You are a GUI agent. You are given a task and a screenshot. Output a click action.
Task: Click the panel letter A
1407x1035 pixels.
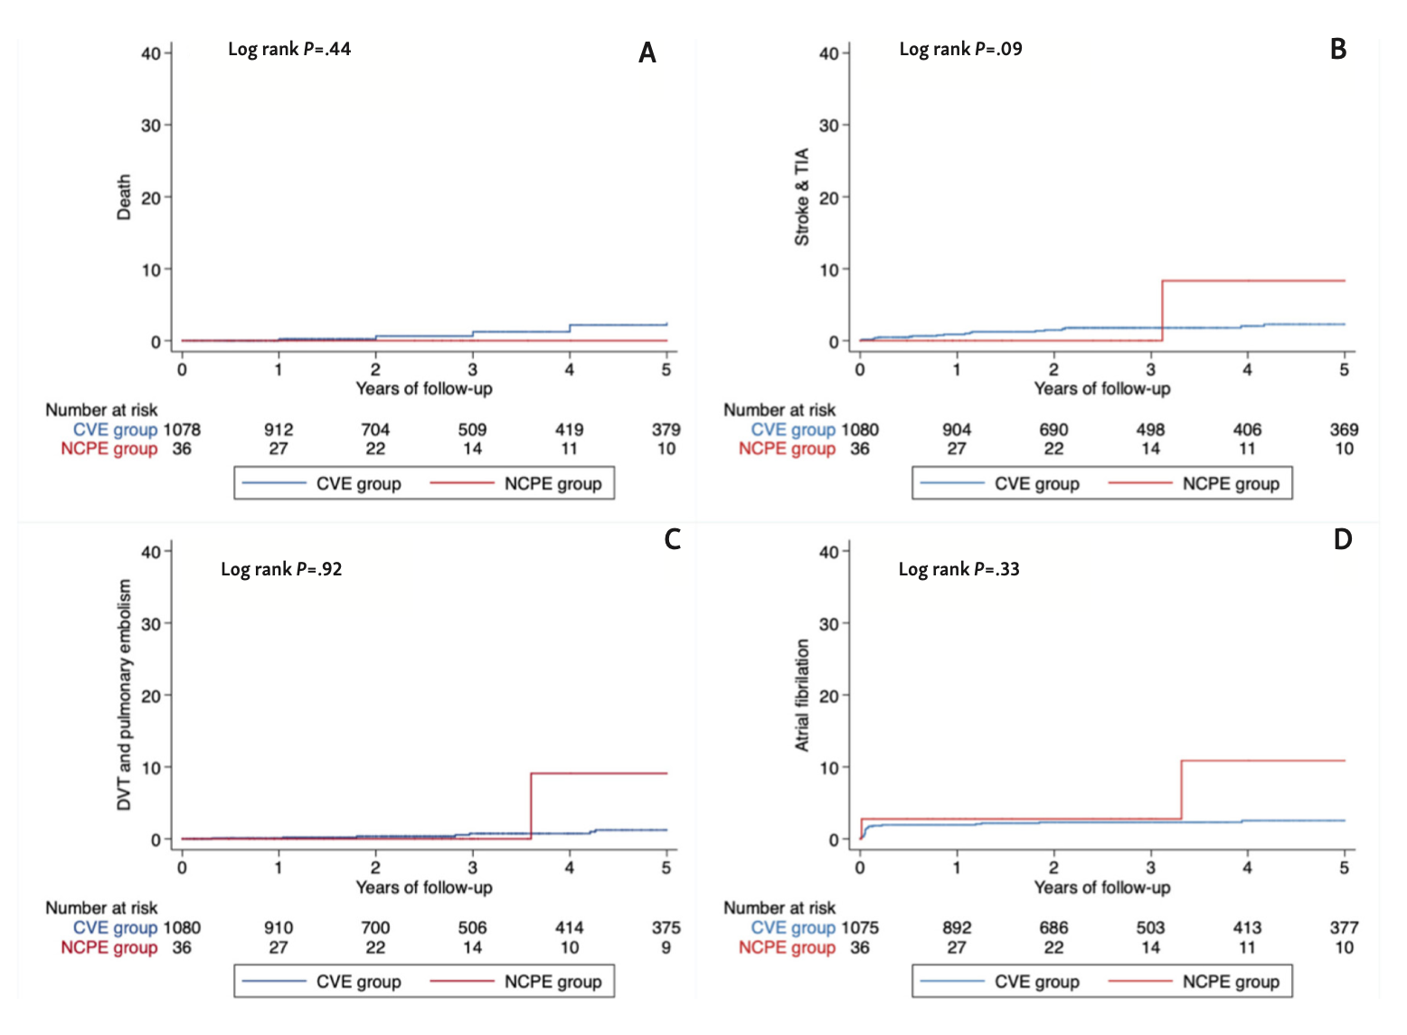coord(647,53)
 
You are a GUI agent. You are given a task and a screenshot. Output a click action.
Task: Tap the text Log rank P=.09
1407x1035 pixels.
coord(960,50)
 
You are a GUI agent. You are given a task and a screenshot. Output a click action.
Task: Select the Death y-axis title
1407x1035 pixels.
coord(124,197)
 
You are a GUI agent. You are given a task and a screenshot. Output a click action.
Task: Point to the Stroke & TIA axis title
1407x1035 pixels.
coord(802,197)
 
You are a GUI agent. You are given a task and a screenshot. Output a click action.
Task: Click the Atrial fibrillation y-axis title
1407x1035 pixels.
coord(802,695)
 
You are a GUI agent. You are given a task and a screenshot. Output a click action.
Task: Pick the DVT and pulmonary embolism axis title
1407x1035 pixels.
coord(124,695)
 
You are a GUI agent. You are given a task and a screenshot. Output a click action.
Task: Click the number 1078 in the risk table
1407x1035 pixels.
coord(182,430)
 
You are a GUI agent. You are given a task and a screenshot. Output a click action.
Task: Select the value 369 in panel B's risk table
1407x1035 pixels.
coord(1344,430)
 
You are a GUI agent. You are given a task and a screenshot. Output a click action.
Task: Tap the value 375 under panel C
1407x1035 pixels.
coord(666,927)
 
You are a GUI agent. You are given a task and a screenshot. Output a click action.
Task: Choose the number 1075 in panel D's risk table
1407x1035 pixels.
coord(860,927)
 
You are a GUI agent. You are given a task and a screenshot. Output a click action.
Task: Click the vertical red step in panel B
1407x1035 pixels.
coord(1162,310)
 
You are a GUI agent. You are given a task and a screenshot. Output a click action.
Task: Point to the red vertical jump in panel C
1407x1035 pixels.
coord(531,805)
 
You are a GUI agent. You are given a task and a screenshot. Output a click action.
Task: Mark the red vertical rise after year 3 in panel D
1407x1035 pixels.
coord(1182,789)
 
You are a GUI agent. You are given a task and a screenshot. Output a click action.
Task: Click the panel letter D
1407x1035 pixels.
coord(1342,540)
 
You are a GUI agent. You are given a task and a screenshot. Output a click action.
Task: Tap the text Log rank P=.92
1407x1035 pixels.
coord(281,569)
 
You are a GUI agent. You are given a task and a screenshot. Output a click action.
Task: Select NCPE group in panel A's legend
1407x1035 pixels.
coord(552,484)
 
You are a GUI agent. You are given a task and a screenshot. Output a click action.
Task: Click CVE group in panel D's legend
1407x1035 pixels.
coord(1036,982)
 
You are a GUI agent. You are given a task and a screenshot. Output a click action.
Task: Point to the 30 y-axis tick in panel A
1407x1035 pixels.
coord(150,126)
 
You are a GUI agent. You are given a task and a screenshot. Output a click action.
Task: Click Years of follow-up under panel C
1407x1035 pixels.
coord(424,888)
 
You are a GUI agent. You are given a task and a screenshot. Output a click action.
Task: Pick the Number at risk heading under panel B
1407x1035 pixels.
coord(779,410)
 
